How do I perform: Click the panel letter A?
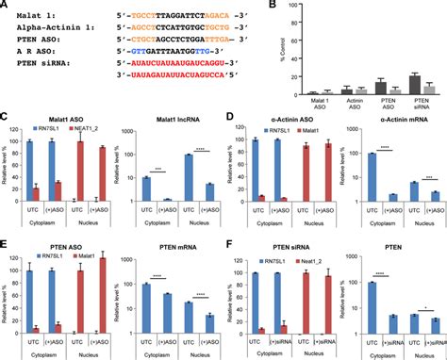coord(6,6)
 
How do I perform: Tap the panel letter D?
coord(229,119)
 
